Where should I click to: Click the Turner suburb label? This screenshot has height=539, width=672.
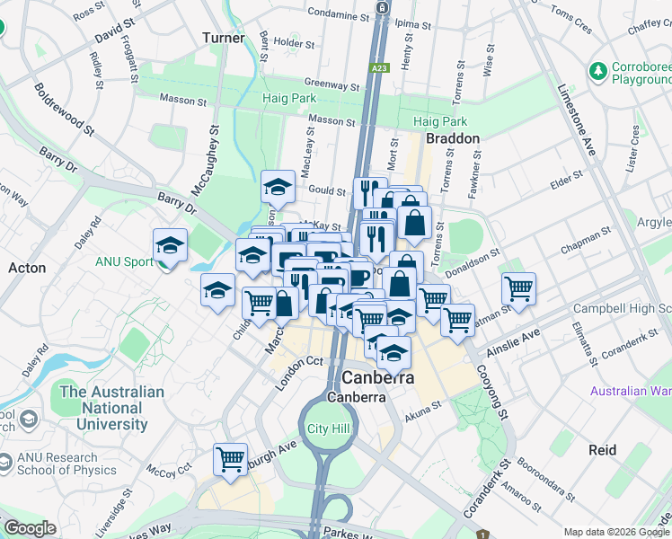[x=223, y=38]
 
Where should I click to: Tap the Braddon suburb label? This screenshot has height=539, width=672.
[x=452, y=139]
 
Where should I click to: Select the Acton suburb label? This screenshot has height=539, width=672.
[x=27, y=268]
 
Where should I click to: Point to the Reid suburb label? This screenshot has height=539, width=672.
[x=602, y=448]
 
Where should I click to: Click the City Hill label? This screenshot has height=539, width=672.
[x=327, y=429]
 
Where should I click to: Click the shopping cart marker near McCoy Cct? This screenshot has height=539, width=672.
[x=231, y=458]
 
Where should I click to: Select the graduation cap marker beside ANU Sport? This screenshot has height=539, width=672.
[x=169, y=245]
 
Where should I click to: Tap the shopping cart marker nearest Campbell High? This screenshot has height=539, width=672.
[x=518, y=287]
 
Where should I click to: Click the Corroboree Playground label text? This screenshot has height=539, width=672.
[x=641, y=73]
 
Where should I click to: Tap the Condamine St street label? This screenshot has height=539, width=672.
[x=332, y=13]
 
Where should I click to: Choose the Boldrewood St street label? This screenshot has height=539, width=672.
[x=64, y=109]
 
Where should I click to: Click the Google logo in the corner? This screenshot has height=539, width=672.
[x=29, y=528]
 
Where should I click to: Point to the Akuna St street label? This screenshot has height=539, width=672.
[x=423, y=405]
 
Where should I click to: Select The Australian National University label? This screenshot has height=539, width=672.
[x=100, y=408]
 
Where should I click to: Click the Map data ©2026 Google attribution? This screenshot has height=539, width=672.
[x=615, y=532]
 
